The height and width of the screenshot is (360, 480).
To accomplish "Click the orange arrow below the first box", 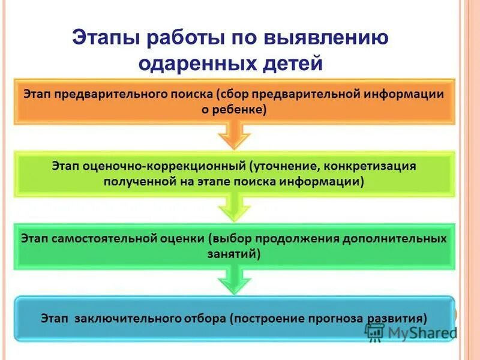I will [x=233, y=136].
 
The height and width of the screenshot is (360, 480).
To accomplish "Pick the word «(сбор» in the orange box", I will [x=232, y=94].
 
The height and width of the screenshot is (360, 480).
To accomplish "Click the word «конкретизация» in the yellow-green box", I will [x=376, y=164].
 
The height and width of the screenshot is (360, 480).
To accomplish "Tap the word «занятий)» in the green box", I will [x=234, y=254].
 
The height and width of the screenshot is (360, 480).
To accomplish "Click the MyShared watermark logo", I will [x=409, y=332].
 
